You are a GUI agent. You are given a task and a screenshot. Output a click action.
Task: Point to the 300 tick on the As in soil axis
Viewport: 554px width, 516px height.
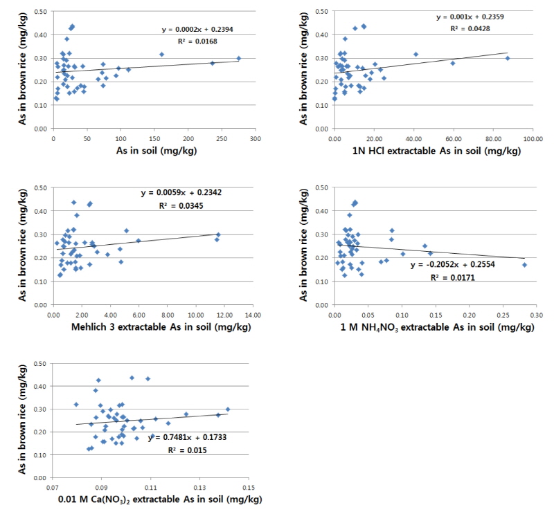[x=256, y=140]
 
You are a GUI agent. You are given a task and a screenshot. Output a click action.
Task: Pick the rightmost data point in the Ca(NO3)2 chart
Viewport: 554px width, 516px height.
[x=228, y=409]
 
